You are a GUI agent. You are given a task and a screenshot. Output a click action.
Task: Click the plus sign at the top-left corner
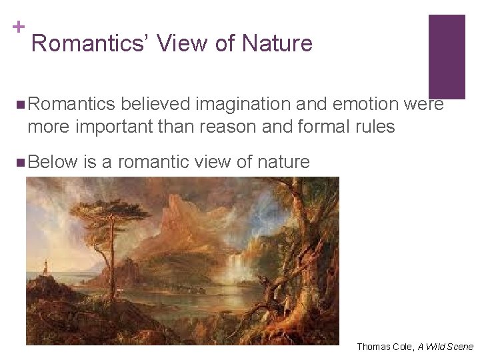(19, 27)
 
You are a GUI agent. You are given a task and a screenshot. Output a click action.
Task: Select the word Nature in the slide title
(277, 43)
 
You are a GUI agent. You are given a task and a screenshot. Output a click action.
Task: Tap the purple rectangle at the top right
(446, 56)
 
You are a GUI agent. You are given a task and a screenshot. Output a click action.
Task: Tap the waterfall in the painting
(235, 270)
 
